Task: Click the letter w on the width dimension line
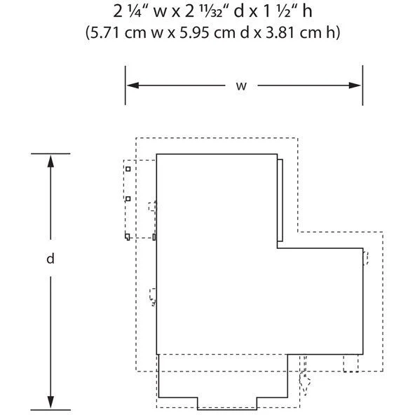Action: tap(241, 86)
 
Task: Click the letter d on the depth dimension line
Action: tap(50, 258)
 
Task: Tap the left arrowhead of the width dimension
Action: tap(133, 86)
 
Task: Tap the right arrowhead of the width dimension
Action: tap(355, 86)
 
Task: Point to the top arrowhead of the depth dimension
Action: tap(50, 161)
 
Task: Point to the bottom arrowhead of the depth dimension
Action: tap(50, 402)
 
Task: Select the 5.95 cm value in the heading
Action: tap(207, 33)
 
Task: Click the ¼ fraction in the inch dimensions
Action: tap(136, 12)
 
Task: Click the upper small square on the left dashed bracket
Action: tap(128, 169)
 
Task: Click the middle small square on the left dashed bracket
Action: tap(128, 198)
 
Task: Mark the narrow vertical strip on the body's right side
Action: tap(280, 200)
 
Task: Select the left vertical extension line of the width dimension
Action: tap(125, 86)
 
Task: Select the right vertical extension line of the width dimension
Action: tap(362, 86)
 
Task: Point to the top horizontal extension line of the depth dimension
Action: tap(50, 154)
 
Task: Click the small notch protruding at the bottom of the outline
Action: tap(227, 403)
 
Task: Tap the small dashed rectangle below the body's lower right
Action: tap(351, 363)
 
